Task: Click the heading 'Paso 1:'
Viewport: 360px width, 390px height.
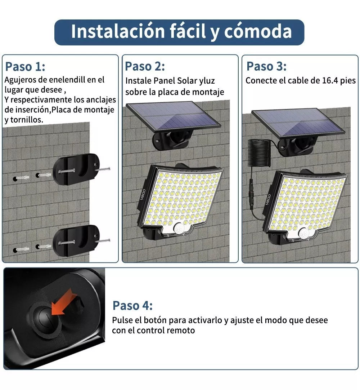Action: [25, 67]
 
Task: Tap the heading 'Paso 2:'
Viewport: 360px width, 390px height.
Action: [145, 66]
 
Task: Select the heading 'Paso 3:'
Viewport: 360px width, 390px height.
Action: [266, 66]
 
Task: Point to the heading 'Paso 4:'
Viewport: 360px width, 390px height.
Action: [132, 305]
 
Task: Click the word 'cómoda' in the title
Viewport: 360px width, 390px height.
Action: [258, 32]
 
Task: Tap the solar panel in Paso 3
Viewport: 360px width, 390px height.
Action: [298, 123]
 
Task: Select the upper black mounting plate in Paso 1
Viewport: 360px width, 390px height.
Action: [76, 169]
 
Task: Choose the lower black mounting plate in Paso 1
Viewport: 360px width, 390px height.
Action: [76, 240]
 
